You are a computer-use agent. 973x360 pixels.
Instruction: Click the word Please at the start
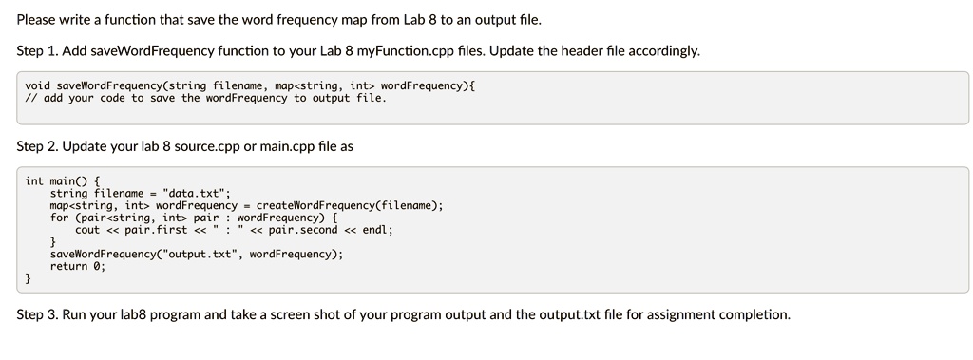coord(37,19)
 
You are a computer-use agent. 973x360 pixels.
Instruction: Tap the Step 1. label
coord(38,50)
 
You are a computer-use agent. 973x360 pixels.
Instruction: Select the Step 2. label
coord(38,146)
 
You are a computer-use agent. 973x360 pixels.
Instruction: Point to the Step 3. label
coord(38,313)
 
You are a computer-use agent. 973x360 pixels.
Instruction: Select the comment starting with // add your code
coord(205,98)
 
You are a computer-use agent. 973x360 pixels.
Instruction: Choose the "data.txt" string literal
coord(193,193)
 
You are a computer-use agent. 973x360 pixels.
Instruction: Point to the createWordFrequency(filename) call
coord(350,205)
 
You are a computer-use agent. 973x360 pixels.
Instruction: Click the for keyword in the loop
coord(60,218)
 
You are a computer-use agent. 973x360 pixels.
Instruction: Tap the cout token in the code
coord(87,230)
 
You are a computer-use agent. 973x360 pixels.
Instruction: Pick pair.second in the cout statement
coord(303,230)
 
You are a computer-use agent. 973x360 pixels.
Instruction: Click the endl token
coord(375,230)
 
